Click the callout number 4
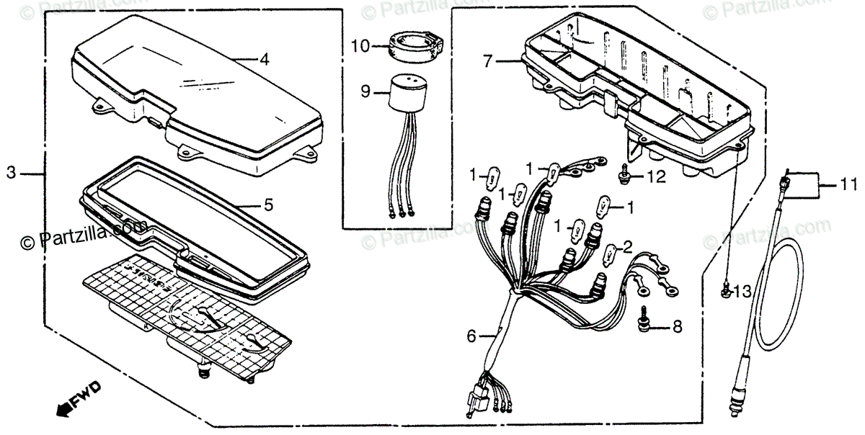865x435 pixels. (x=265, y=60)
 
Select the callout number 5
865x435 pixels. (x=268, y=205)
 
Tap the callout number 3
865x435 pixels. (x=12, y=173)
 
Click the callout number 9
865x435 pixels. (x=365, y=91)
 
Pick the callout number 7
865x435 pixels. (x=488, y=62)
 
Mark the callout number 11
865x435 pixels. (x=843, y=184)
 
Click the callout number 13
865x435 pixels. (x=742, y=291)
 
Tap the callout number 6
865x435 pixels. (x=471, y=335)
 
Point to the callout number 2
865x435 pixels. (x=628, y=246)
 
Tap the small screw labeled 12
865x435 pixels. (x=624, y=175)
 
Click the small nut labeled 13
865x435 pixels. (x=727, y=291)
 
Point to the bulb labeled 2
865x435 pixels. (x=609, y=253)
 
